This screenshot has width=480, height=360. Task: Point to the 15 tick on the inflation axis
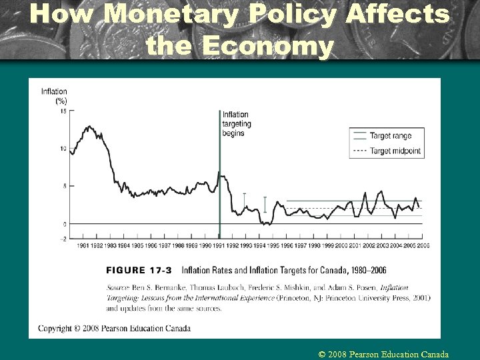tap(63, 111)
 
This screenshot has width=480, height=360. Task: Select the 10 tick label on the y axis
tap(63, 149)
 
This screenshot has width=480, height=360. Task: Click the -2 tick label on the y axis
tap(63, 238)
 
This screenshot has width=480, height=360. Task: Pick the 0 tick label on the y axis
tap(64, 224)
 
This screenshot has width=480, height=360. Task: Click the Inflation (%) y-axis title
tap(55, 96)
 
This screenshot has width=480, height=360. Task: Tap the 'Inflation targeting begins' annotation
tap(237, 123)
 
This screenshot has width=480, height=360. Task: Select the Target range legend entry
tap(391, 136)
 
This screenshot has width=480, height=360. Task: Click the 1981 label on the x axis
tap(83, 245)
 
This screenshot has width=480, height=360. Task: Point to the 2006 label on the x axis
tap(423, 245)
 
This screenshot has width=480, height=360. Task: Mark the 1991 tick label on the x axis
tap(219, 245)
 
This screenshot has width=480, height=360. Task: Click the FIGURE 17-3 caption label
tap(139, 270)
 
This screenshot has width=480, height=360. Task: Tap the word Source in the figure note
tap(119, 287)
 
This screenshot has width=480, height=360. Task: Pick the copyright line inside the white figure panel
tap(114, 328)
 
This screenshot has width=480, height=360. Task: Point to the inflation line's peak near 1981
tap(89, 126)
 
